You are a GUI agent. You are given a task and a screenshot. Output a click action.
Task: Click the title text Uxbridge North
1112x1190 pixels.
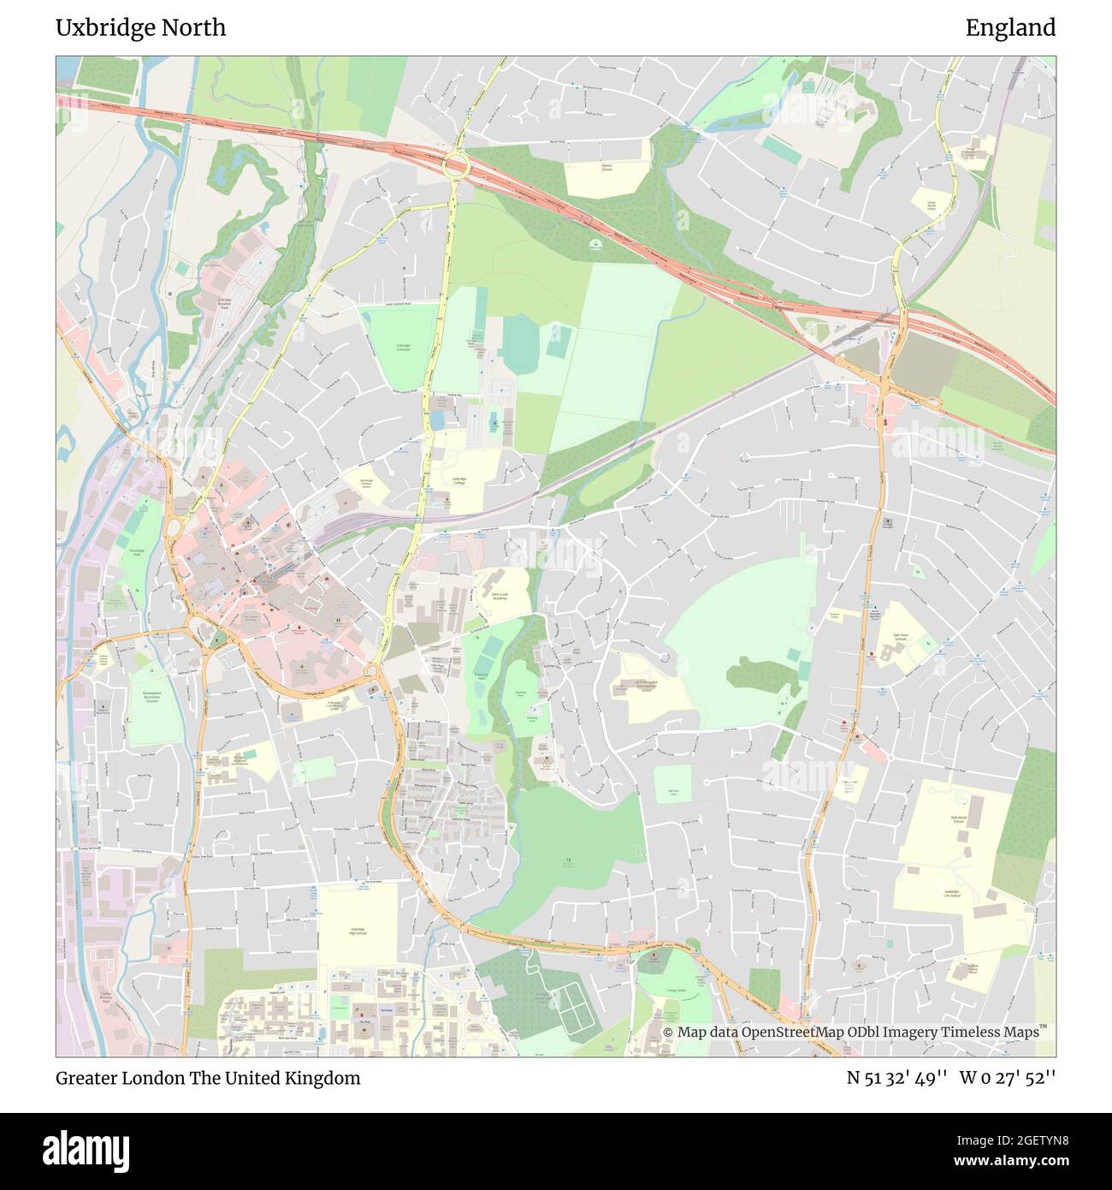141,28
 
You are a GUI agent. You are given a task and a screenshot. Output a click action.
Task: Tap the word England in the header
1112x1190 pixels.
1010,28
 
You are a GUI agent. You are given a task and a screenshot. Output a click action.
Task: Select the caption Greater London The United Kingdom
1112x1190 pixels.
208,1078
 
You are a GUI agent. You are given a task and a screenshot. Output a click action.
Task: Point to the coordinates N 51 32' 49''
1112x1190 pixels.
896,1078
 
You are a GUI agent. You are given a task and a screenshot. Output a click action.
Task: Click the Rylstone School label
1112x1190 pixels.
606,166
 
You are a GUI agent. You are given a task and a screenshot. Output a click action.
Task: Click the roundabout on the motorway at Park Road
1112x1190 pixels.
455,164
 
